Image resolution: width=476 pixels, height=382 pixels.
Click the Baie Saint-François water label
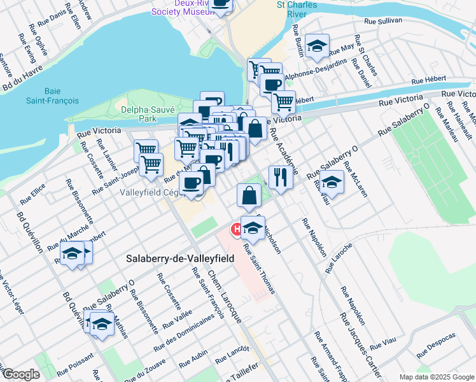click(53, 95)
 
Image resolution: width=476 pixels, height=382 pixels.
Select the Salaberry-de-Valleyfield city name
click(179, 258)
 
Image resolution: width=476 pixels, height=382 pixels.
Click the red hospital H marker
click(235, 228)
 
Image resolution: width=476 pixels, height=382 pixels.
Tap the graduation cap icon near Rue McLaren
click(332, 182)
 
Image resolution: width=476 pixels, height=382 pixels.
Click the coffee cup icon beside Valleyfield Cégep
click(190, 183)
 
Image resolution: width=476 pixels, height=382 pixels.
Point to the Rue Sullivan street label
click(383, 20)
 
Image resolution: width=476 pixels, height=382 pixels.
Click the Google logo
click(20, 374)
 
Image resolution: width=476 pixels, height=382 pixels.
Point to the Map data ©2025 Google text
click(437, 377)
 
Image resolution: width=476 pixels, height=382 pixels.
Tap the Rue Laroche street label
click(338, 258)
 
